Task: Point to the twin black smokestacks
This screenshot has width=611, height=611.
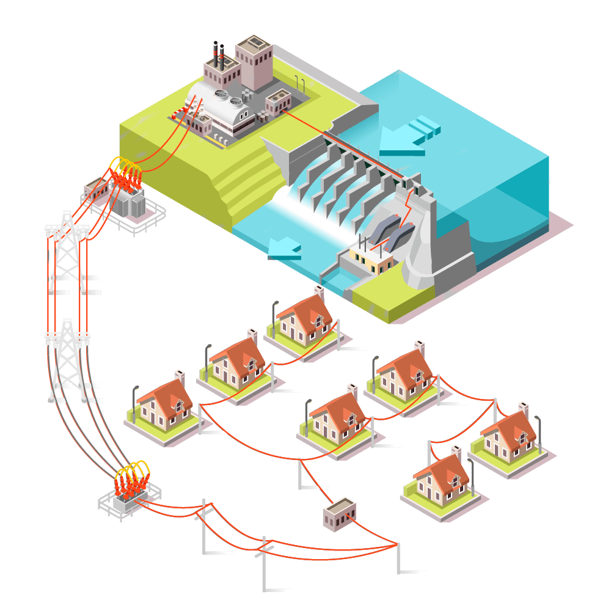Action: click(x=218, y=54)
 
